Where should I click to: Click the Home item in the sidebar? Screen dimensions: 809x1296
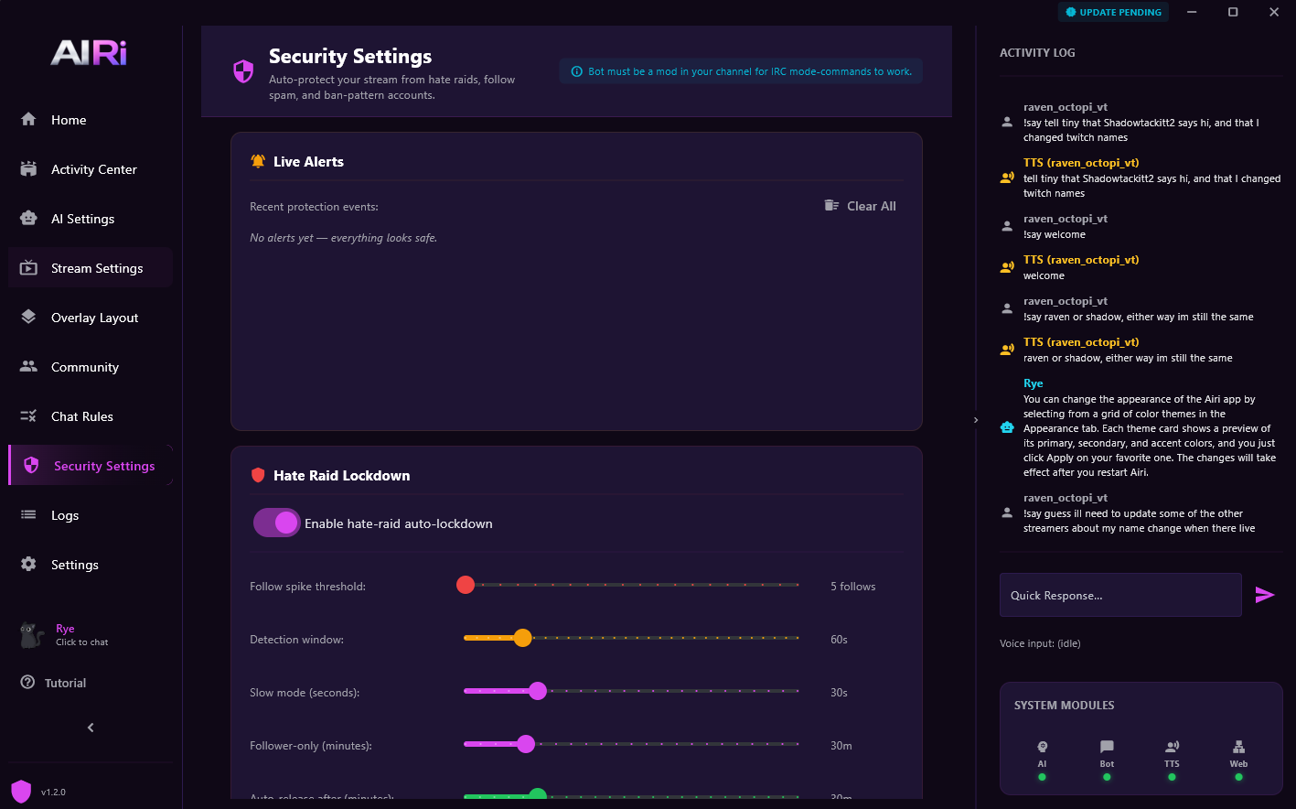click(x=69, y=120)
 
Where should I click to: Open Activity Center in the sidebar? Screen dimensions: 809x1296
click(x=93, y=169)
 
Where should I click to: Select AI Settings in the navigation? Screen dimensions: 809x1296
click(x=82, y=219)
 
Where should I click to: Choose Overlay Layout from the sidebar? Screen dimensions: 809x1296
click(x=94, y=318)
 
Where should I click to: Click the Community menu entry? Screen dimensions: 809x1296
click(x=84, y=367)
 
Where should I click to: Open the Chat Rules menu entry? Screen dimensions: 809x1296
click(x=81, y=416)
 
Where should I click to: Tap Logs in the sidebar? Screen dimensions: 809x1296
click(x=64, y=515)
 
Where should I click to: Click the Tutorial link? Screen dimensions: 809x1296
click(x=65, y=683)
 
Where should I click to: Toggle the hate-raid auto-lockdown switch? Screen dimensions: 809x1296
click(x=276, y=523)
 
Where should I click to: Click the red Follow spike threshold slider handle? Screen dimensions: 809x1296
click(x=466, y=585)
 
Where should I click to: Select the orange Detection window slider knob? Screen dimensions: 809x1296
click(x=522, y=638)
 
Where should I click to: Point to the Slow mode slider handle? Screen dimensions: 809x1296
click(x=538, y=691)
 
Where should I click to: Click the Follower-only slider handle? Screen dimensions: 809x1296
click(x=526, y=744)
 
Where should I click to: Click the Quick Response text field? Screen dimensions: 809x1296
click(x=1119, y=596)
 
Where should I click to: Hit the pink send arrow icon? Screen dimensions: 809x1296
click(x=1264, y=596)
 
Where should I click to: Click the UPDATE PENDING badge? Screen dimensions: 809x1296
click(x=1113, y=13)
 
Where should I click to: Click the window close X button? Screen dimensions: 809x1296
click(x=1273, y=12)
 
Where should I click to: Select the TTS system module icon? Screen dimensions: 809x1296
click(x=1172, y=748)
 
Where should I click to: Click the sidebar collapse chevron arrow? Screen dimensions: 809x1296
click(x=91, y=728)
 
